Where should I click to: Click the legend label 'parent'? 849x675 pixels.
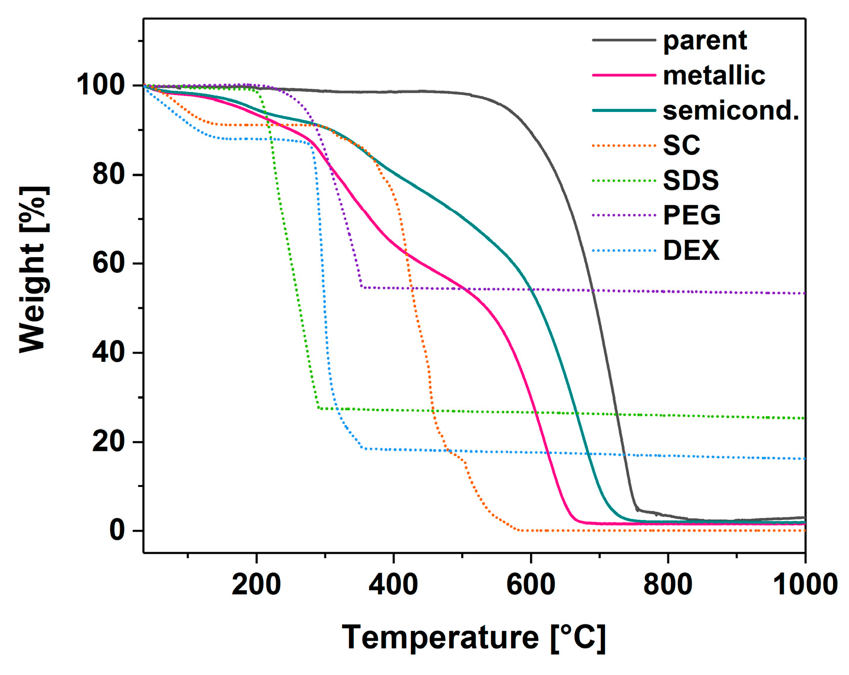705,41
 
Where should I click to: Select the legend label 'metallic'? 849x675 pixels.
713,75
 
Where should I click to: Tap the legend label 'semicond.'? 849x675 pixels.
730,110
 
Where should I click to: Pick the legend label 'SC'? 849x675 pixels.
681,145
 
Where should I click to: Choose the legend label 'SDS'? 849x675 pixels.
690,180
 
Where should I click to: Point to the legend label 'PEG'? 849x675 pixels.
692,215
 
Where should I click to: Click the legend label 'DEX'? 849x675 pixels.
691,251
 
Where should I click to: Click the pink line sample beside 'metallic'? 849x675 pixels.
624,75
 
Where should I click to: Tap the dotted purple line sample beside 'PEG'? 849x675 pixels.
624,215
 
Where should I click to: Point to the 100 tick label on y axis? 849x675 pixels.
101,85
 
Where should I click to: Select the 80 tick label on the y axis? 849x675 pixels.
109,174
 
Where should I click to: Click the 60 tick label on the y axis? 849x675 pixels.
109,264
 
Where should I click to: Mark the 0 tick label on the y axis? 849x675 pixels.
117,531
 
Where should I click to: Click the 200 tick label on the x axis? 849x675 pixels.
256,585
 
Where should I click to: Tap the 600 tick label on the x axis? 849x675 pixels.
531,585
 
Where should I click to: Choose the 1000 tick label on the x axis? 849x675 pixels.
804,585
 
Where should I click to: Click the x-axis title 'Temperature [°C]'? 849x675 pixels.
473,638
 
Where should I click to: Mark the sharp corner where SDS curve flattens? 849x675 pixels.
318,408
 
